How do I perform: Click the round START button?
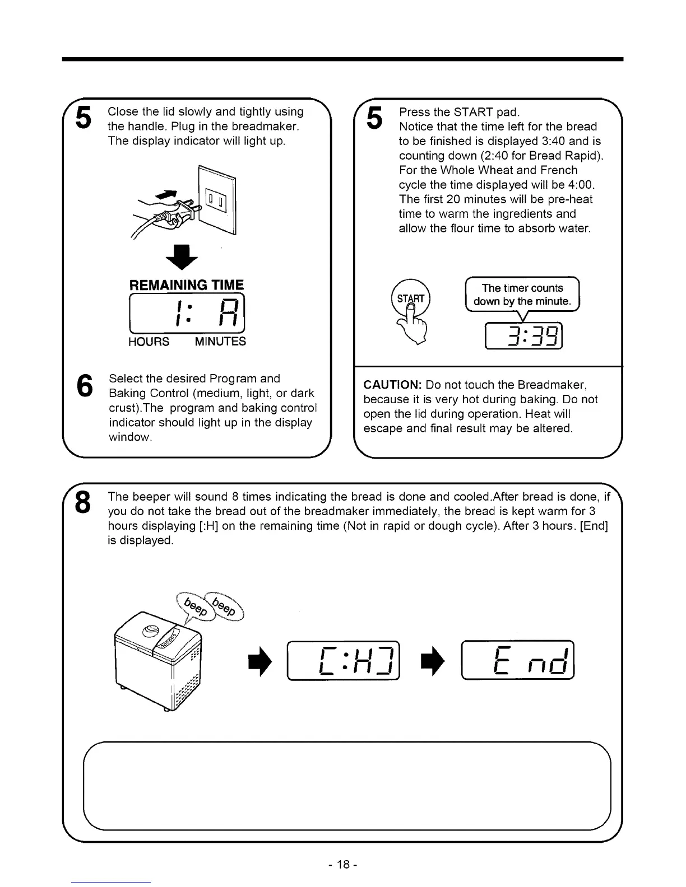[x=411, y=299]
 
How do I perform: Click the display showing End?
[x=518, y=660]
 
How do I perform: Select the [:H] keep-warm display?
[x=344, y=660]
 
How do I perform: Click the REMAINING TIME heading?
[x=187, y=284]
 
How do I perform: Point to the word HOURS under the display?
[x=149, y=342]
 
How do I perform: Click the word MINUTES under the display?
[x=220, y=342]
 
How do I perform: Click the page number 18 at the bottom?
[x=343, y=865]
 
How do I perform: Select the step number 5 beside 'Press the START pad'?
[x=375, y=118]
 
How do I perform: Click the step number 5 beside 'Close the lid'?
[x=84, y=118]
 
